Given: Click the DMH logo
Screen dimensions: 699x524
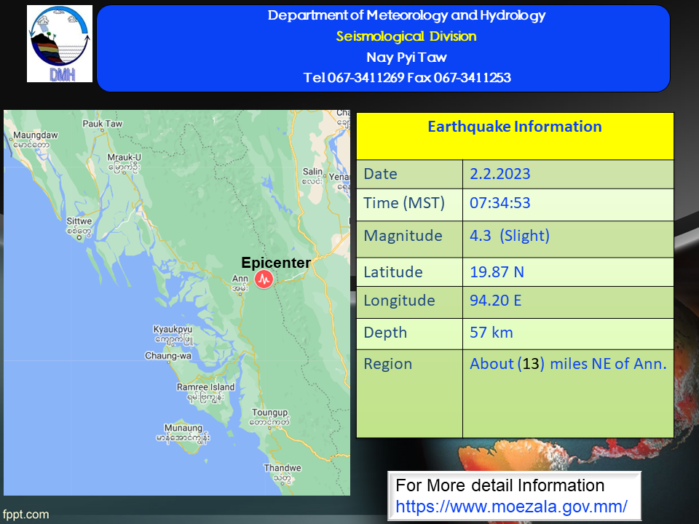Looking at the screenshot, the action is pos(60,44).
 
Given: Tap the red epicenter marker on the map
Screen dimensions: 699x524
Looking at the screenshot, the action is pos(264,279).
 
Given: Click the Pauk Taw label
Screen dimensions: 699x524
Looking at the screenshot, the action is pos(103,124).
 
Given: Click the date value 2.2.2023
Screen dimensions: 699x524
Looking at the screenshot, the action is pos(500,174).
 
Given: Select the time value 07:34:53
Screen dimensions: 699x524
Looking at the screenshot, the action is pos(500,203).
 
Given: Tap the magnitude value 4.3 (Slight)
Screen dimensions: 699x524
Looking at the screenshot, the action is pos(510,236).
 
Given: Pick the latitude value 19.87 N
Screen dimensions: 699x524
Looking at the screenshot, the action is pos(497,271).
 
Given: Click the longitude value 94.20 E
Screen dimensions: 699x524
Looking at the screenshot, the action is pos(496,301).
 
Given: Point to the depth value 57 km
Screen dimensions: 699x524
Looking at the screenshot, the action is pos(491,333).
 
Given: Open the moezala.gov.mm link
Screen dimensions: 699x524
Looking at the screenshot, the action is pos(511,507).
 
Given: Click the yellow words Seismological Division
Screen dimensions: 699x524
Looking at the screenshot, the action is pos(406,36).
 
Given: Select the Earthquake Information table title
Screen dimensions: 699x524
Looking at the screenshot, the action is pos(515,127).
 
